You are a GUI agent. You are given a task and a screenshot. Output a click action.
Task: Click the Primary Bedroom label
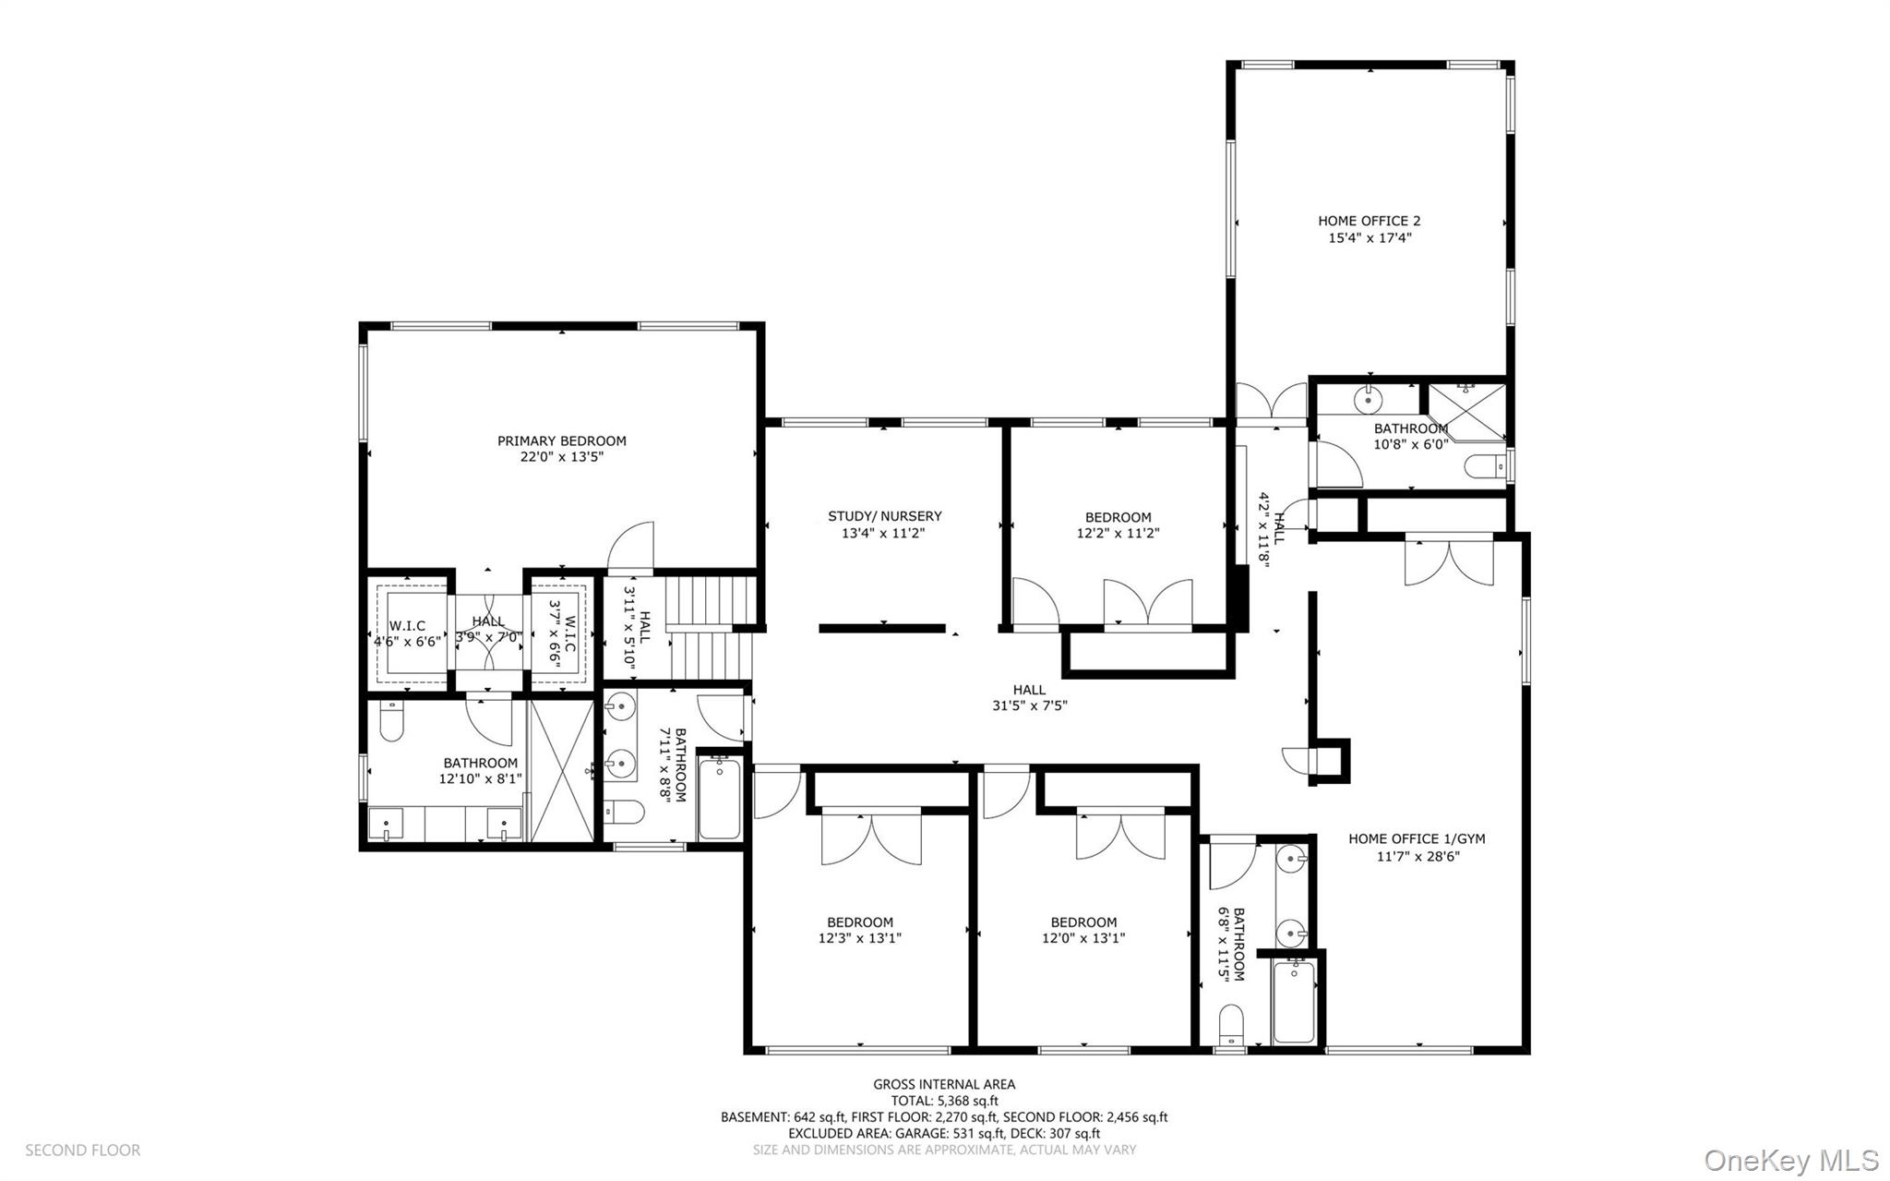pyautogui.click(x=561, y=440)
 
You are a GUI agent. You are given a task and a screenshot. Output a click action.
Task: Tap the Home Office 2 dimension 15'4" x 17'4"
pyautogui.click(x=1370, y=238)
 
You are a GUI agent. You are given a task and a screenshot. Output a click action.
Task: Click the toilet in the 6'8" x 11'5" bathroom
pyautogui.click(x=1230, y=1025)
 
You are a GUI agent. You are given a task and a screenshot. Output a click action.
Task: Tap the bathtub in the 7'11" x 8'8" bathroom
pyautogui.click(x=719, y=798)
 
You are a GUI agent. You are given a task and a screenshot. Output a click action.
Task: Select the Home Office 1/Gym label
pyautogui.click(x=1417, y=838)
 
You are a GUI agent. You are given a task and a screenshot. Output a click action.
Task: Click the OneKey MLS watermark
pyautogui.click(x=1790, y=1160)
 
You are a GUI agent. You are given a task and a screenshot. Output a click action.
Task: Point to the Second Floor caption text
pyautogui.click(x=82, y=1150)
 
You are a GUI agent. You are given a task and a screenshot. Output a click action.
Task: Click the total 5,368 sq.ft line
pyautogui.click(x=944, y=1101)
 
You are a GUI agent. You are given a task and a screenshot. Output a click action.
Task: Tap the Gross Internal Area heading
pyautogui.click(x=944, y=1084)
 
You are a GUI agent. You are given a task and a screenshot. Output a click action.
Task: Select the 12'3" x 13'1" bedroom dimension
pyautogui.click(x=859, y=938)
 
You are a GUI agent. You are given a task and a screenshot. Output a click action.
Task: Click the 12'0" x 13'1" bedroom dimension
pyautogui.click(x=1083, y=938)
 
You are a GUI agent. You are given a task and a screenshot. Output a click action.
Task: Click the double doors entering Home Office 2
pyautogui.click(x=1272, y=404)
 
